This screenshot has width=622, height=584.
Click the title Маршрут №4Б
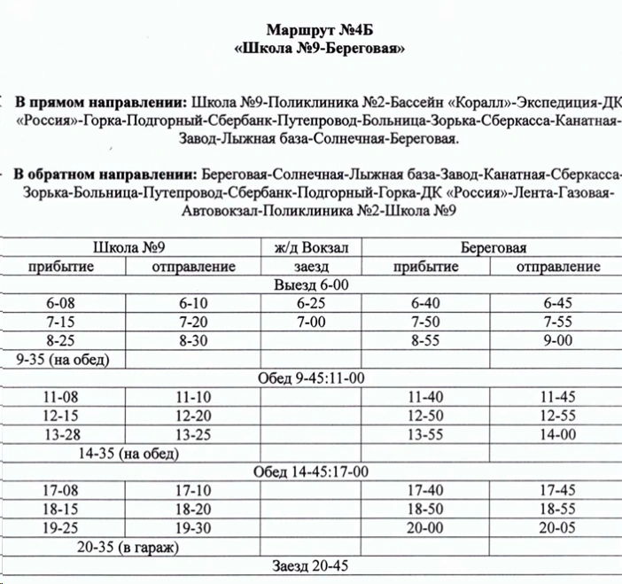point(320,31)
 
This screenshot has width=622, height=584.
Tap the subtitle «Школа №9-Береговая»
point(320,49)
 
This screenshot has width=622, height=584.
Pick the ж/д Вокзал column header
point(311,248)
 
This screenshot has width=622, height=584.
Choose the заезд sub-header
point(311,267)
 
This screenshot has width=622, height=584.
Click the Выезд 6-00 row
point(311,284)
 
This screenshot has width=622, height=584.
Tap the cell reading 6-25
point(311,303)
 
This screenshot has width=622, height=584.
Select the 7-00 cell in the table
point(311,322)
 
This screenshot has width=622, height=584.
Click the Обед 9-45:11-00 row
point(311,378)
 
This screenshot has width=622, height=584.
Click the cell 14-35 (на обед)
point(128,454)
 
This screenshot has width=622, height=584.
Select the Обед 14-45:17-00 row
point(311,471)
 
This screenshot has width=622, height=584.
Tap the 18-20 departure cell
point(194,510)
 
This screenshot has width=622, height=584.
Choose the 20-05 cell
point(557,528)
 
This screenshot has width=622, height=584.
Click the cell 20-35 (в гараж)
point(128,547)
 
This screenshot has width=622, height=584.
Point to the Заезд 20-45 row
point(311,566)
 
